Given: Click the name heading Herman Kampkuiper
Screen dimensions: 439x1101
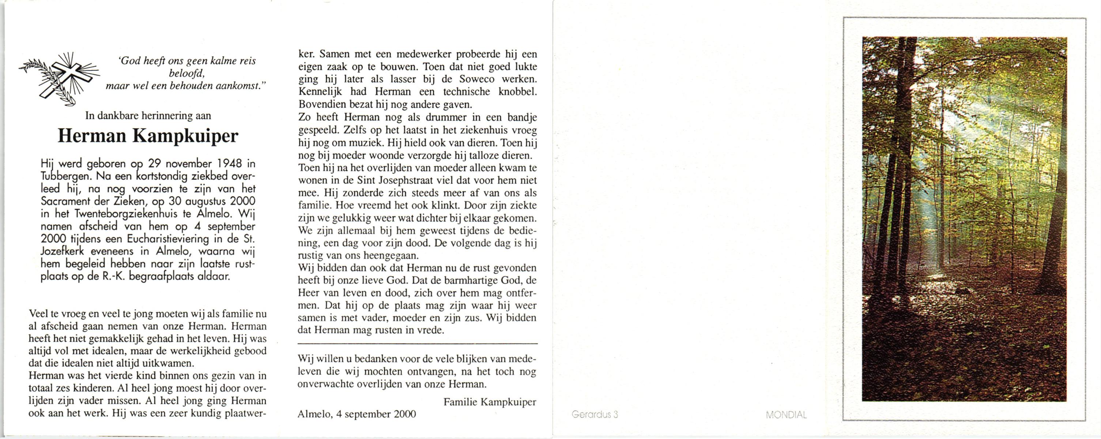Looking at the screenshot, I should tap(148, 136).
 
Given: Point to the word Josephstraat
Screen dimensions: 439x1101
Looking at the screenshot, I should tap(405, 180).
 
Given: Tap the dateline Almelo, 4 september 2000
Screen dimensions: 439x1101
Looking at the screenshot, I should tap(357, 414).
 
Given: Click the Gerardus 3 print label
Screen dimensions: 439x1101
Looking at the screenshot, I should tap(595, 414).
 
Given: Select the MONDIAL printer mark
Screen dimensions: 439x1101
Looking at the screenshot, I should tap(787, 414).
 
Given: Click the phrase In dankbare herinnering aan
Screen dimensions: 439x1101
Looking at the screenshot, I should tap(148, 115).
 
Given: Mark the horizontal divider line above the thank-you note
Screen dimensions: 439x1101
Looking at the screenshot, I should tap(417, 344).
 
